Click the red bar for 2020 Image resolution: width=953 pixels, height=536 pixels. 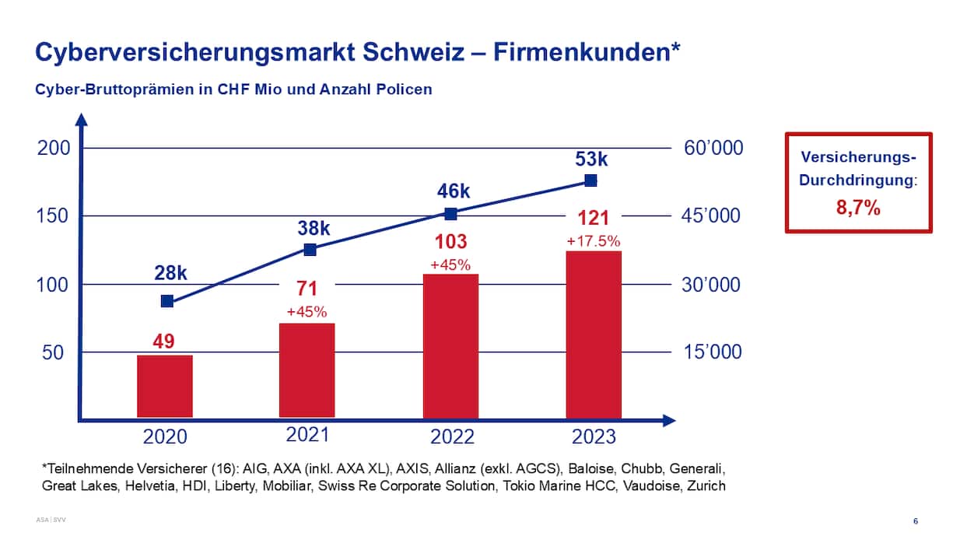click(x=165, y=386)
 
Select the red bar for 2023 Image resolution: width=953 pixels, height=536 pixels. click(x=594, y=335)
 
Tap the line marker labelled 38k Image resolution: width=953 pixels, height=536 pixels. click(x=310, y=250)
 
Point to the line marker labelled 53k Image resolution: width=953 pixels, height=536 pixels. click(x=590, y=180)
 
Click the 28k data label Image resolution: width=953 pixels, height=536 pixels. click(x=169, y=274)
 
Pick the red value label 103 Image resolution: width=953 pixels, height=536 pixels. click(x=450, y=241)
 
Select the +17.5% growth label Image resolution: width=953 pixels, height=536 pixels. click(x=594, y=241)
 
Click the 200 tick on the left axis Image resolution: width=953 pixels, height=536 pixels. click(x=54, y=148)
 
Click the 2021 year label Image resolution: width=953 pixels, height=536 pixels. click(x=308, y=434)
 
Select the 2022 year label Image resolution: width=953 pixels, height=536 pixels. click(x=452, y=436)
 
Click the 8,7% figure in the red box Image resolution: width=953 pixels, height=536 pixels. click(x=859, y=208)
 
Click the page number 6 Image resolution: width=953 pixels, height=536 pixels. click(x=915, y=520)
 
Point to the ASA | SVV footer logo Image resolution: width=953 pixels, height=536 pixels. click(x=51, y=518)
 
